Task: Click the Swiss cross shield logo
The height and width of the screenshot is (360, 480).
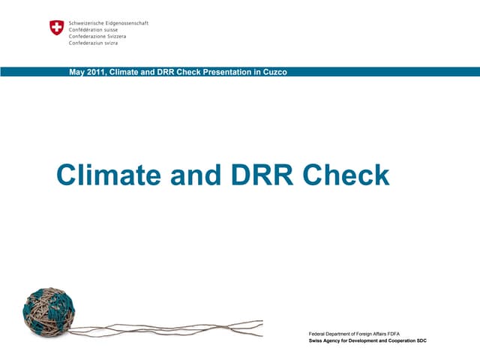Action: point(57,28)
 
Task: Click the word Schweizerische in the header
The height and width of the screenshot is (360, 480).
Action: point(89,23)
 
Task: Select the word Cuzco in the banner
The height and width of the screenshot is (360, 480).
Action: point(273,72)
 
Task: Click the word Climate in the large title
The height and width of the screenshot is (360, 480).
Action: point(109,175)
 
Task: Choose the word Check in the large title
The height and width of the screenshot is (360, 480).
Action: point(346,175)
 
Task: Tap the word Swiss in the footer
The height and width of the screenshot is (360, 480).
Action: point(316,340)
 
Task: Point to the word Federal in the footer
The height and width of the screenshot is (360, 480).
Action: point(319,332)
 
